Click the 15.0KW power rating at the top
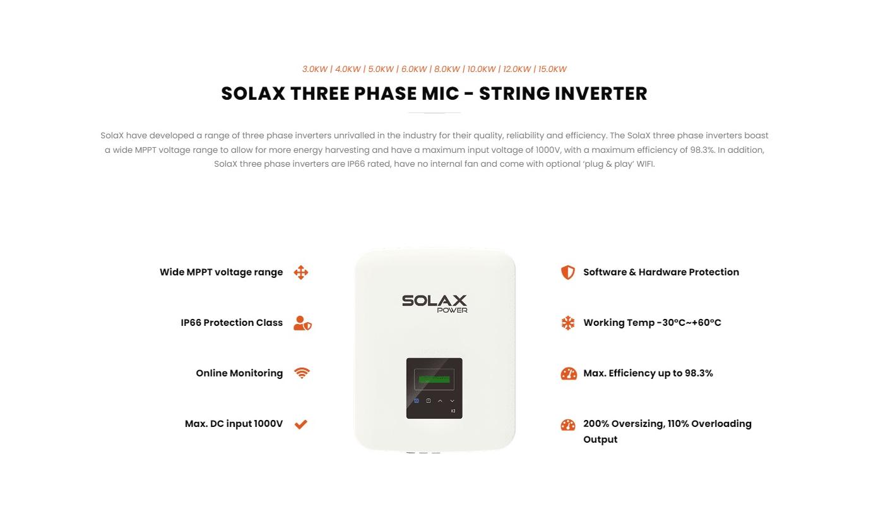coord(552,69)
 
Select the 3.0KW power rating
coord(315,69)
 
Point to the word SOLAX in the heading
coord(253,93)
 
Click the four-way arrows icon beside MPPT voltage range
coord(301,272)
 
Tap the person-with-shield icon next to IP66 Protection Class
coord(302,323)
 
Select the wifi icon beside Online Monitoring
coord(302,373)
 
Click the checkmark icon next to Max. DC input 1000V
coord(301,424)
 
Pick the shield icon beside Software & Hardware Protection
coord(567,272)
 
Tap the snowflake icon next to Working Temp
coord(567,323)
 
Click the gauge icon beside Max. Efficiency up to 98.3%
coord(569,373)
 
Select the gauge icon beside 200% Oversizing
coord(567,424)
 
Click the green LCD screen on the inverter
coord(434,380)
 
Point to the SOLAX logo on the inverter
coord(434,301)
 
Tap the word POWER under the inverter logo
coord(452,310)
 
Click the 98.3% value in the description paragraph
coord(702,150)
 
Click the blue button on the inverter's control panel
coord(417,400)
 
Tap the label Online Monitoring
coord(239,373)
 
